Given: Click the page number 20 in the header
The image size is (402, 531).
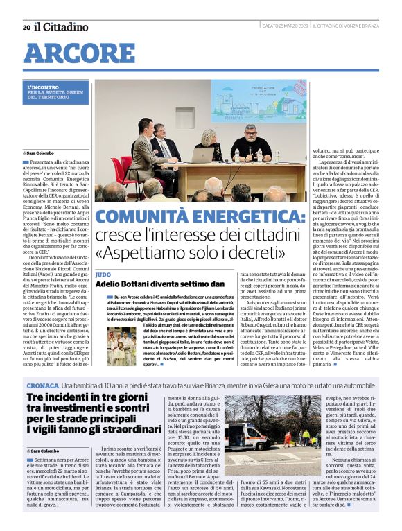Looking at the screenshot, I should pyautogui.click(x=26, y=27).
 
